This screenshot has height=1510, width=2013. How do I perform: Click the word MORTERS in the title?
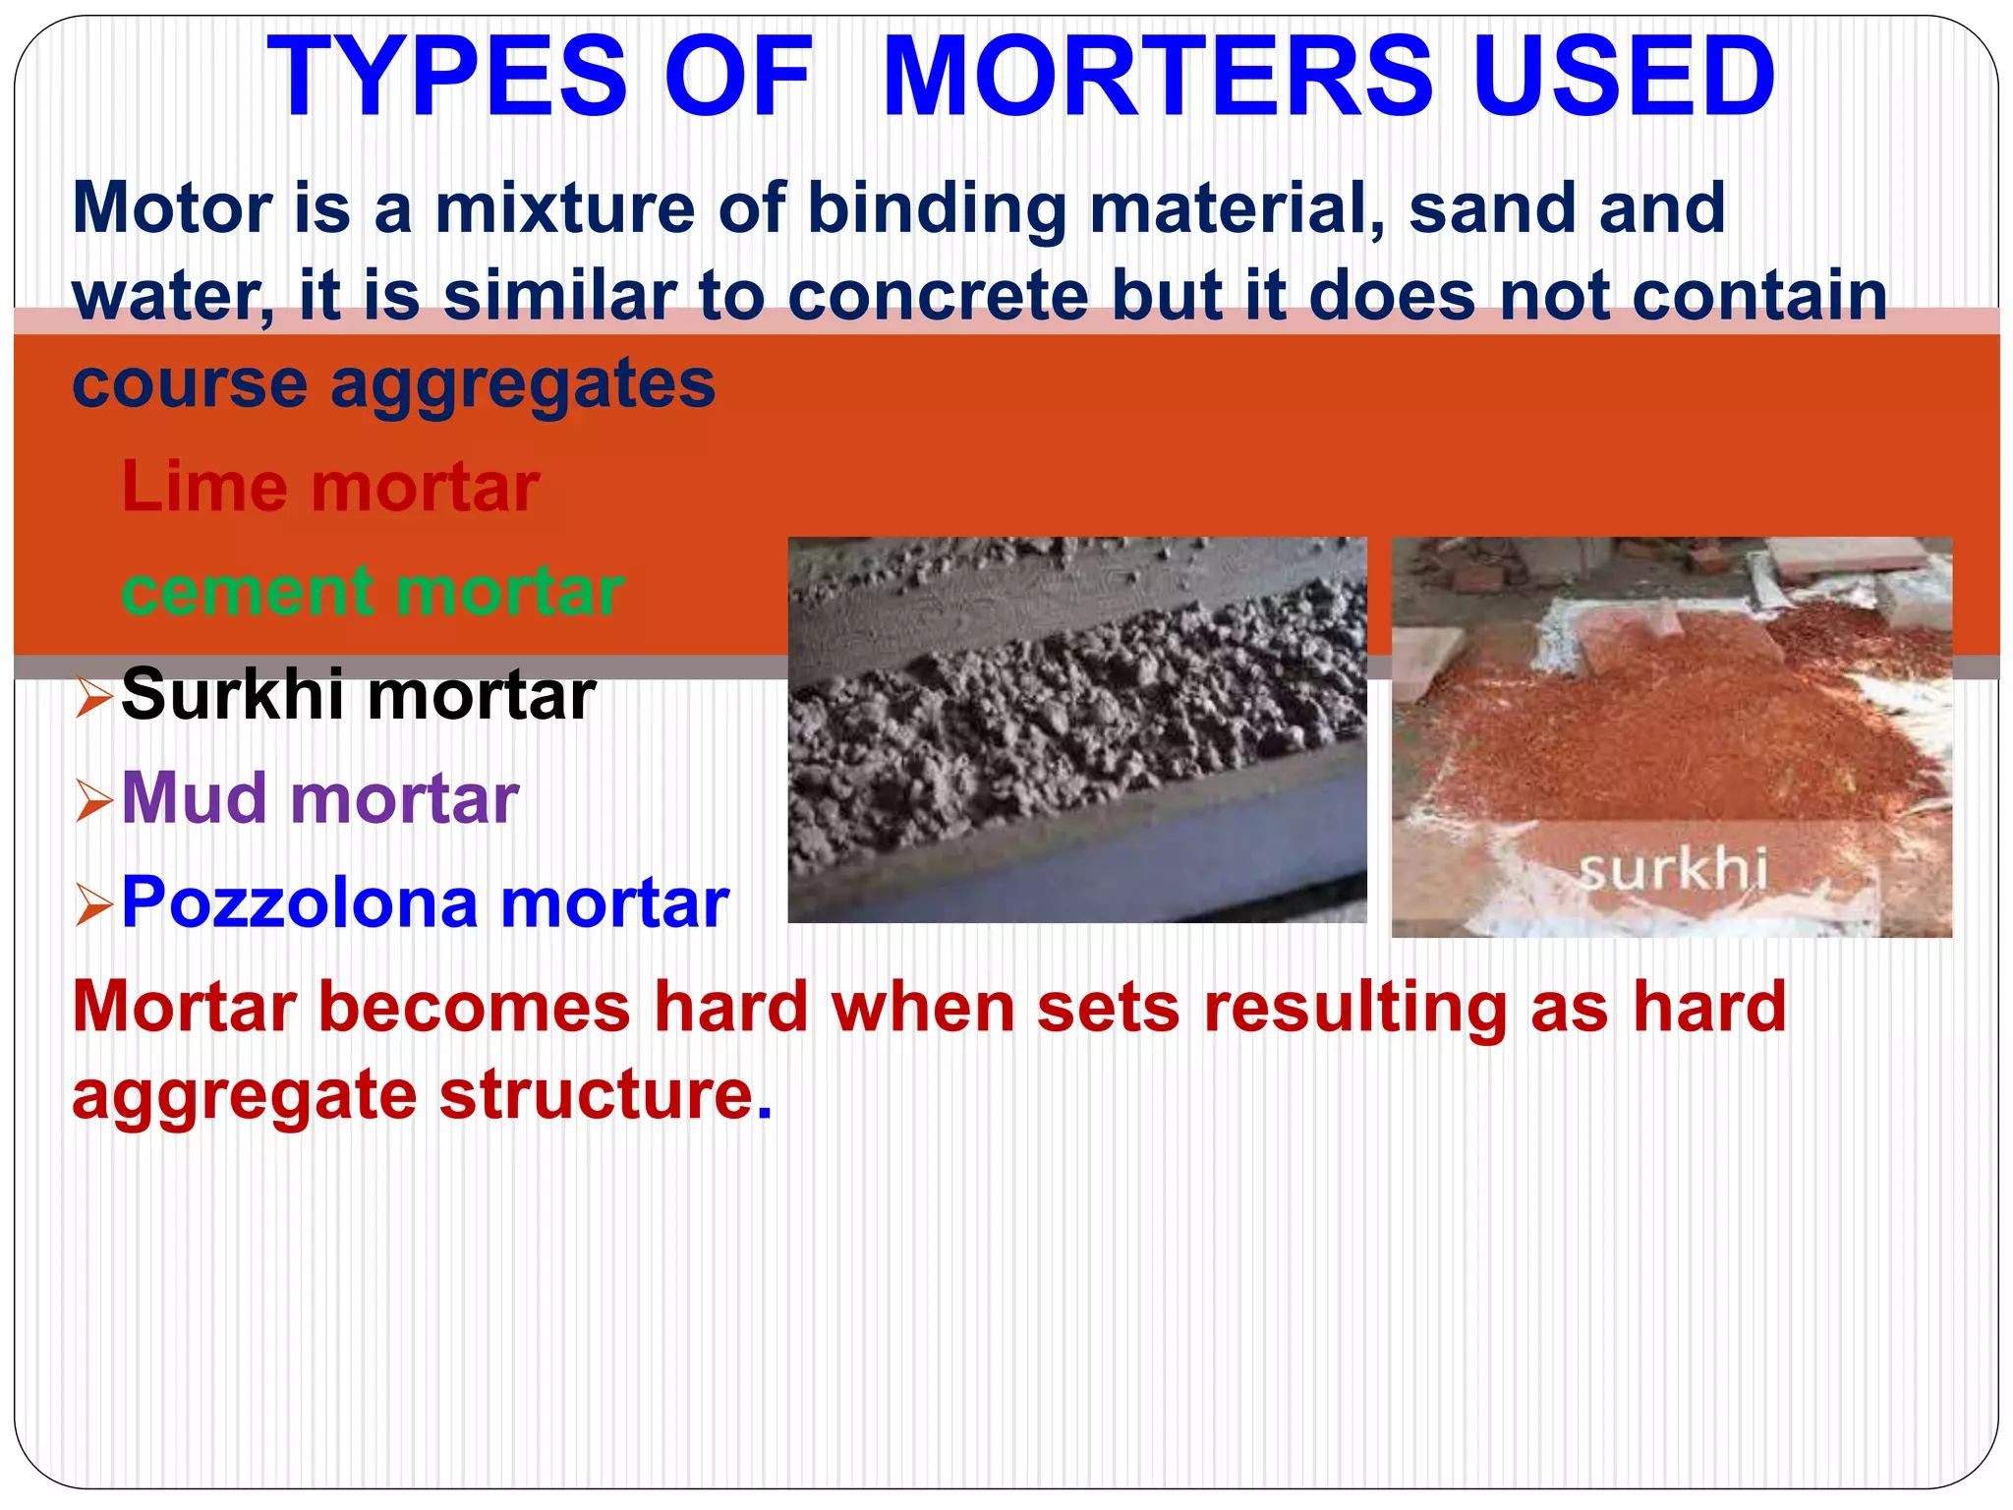1158,77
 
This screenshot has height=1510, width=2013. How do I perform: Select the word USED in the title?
1624,77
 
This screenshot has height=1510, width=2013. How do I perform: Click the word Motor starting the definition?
172,208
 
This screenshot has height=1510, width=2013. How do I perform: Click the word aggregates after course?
523,385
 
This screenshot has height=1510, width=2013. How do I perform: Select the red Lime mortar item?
330,487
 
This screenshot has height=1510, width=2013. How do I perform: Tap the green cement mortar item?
373,591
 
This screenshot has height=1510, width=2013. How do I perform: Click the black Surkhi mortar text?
358,695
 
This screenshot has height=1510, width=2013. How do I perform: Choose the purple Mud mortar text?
320,798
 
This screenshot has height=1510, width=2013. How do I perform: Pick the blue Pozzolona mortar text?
425,902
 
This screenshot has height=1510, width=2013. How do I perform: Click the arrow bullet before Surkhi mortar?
94,697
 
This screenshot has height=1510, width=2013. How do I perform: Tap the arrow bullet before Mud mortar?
94,801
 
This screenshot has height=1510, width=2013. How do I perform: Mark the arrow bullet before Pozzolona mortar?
94,905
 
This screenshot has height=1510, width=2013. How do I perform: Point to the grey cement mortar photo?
1077,729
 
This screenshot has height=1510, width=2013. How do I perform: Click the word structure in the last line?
596,1095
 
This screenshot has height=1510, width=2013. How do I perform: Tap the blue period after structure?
765,1116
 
